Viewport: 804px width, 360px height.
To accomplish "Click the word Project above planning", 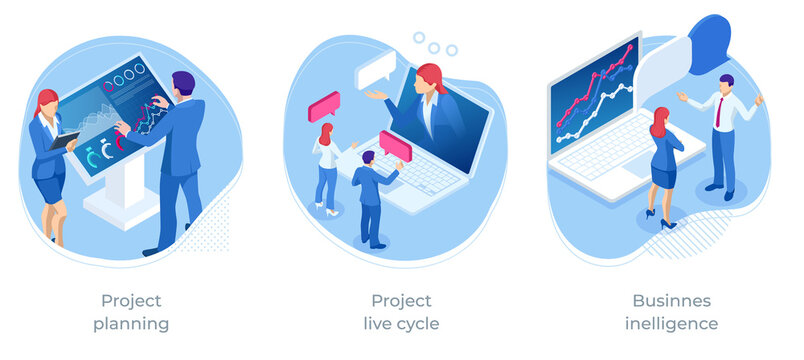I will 131,300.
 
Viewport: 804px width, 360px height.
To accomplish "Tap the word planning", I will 131,323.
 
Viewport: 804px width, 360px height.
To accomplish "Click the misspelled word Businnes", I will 672,300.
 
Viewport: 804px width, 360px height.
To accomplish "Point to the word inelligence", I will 672,323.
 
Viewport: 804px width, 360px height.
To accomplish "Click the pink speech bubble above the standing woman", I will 324,105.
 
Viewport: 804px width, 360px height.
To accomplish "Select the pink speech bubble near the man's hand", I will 395,146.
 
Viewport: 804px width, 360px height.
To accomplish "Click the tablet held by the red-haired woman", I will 65,140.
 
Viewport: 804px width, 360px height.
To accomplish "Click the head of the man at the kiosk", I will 183,83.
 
